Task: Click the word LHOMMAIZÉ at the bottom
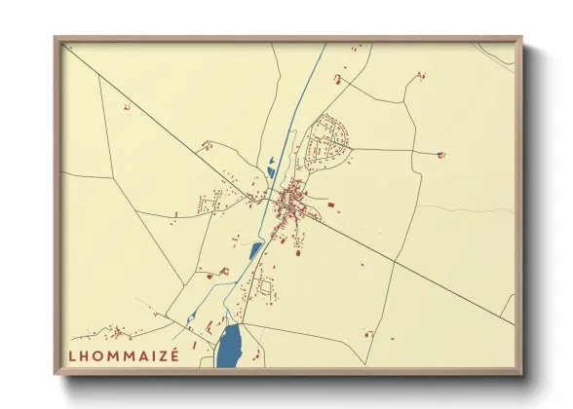click(x=124, y=355)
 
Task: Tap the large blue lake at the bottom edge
click(x=229, y=345)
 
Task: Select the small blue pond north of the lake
click(x=255, y=250)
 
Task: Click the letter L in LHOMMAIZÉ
click(x=72, y=355)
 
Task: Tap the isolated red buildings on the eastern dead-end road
click(x=440, y=154)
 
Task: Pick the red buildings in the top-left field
click(x=127, y=107)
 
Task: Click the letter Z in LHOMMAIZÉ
click(x=160, y=355)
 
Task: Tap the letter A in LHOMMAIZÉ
click(x=136, y=355)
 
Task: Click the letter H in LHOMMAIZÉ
click(x=85, y=355)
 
